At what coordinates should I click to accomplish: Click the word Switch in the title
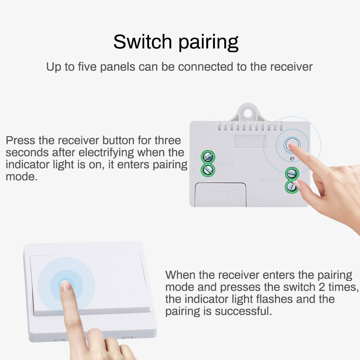click(142, 42)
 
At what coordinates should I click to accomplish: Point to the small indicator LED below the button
click(292, 158)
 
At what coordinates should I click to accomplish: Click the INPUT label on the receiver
click(225, 164)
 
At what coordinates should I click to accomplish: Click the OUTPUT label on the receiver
click(271, 180)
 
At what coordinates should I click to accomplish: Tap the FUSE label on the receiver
click(220, 195)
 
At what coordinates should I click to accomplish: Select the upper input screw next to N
click(208, 157)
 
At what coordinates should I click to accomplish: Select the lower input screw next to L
click(208, 170)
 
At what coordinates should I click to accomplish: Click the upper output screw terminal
click(292, 174)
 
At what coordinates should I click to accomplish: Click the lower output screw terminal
click(292, 186)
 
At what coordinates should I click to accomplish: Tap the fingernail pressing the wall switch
click(66, 286)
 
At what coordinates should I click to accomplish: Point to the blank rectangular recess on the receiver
click(250, 141)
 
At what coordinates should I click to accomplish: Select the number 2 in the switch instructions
click(321, 287)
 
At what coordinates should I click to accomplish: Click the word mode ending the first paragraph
click(21, 177)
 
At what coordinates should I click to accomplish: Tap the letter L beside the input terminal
click(195, 170)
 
